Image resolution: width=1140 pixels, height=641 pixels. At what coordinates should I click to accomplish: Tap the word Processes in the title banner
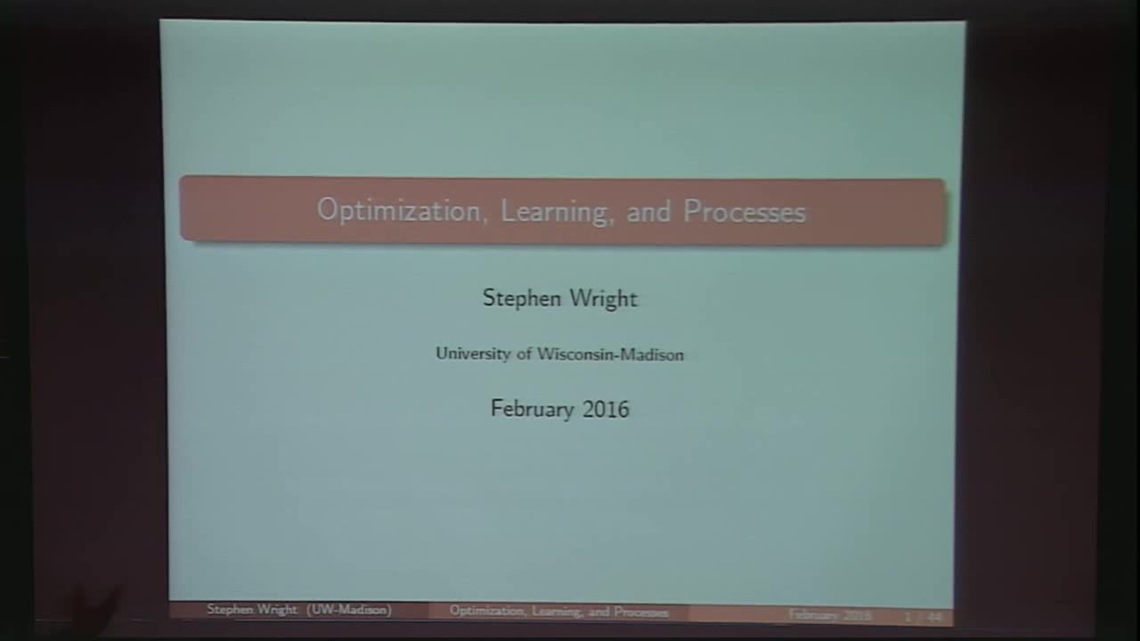[745, 212]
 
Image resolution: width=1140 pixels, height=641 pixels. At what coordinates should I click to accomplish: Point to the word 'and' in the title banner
[648, 212]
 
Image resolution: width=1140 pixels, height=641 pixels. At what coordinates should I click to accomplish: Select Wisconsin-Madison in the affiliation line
[610, 354]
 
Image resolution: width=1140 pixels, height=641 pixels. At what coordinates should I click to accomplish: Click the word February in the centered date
[532, 409]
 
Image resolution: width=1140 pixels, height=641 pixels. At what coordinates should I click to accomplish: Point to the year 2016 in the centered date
[606, 409]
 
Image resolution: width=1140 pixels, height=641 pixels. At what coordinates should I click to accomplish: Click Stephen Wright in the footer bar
[252, 610]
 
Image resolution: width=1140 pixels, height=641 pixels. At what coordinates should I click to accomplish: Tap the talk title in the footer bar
[558, 612]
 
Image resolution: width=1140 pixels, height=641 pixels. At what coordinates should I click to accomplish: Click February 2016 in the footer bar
[829, 615]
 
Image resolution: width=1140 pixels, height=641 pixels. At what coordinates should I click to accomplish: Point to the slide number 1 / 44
[923, 616]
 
